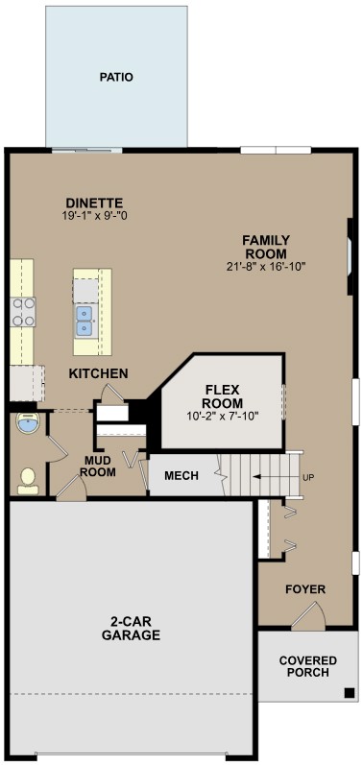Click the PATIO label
coord(116,77)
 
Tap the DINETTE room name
coord(94,203)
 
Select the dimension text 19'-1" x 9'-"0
coord(94,216)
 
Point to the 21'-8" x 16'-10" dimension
coord(266,266)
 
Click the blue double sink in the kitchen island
coord(85,320)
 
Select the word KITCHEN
coord(98,372)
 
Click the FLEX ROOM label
coord(223,396)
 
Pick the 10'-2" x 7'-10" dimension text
coord(223,417)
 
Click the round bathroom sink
coord(28,423)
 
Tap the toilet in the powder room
coord(28,478)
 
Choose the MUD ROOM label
coord(98,466)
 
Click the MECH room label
coord(181,476)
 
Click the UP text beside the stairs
coord(308,477)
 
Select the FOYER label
coord(305,589)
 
